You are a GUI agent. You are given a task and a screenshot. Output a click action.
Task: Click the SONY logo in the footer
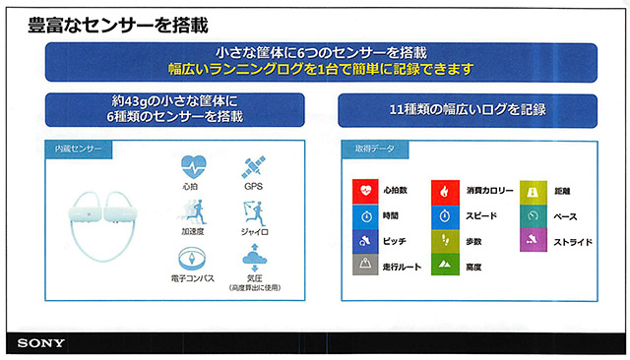(41, 343)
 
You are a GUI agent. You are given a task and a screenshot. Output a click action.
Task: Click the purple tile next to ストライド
(532, 240)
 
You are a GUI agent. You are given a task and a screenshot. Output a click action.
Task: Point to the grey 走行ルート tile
(365, 265)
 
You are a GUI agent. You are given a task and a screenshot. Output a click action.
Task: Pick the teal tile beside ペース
(532, 215)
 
